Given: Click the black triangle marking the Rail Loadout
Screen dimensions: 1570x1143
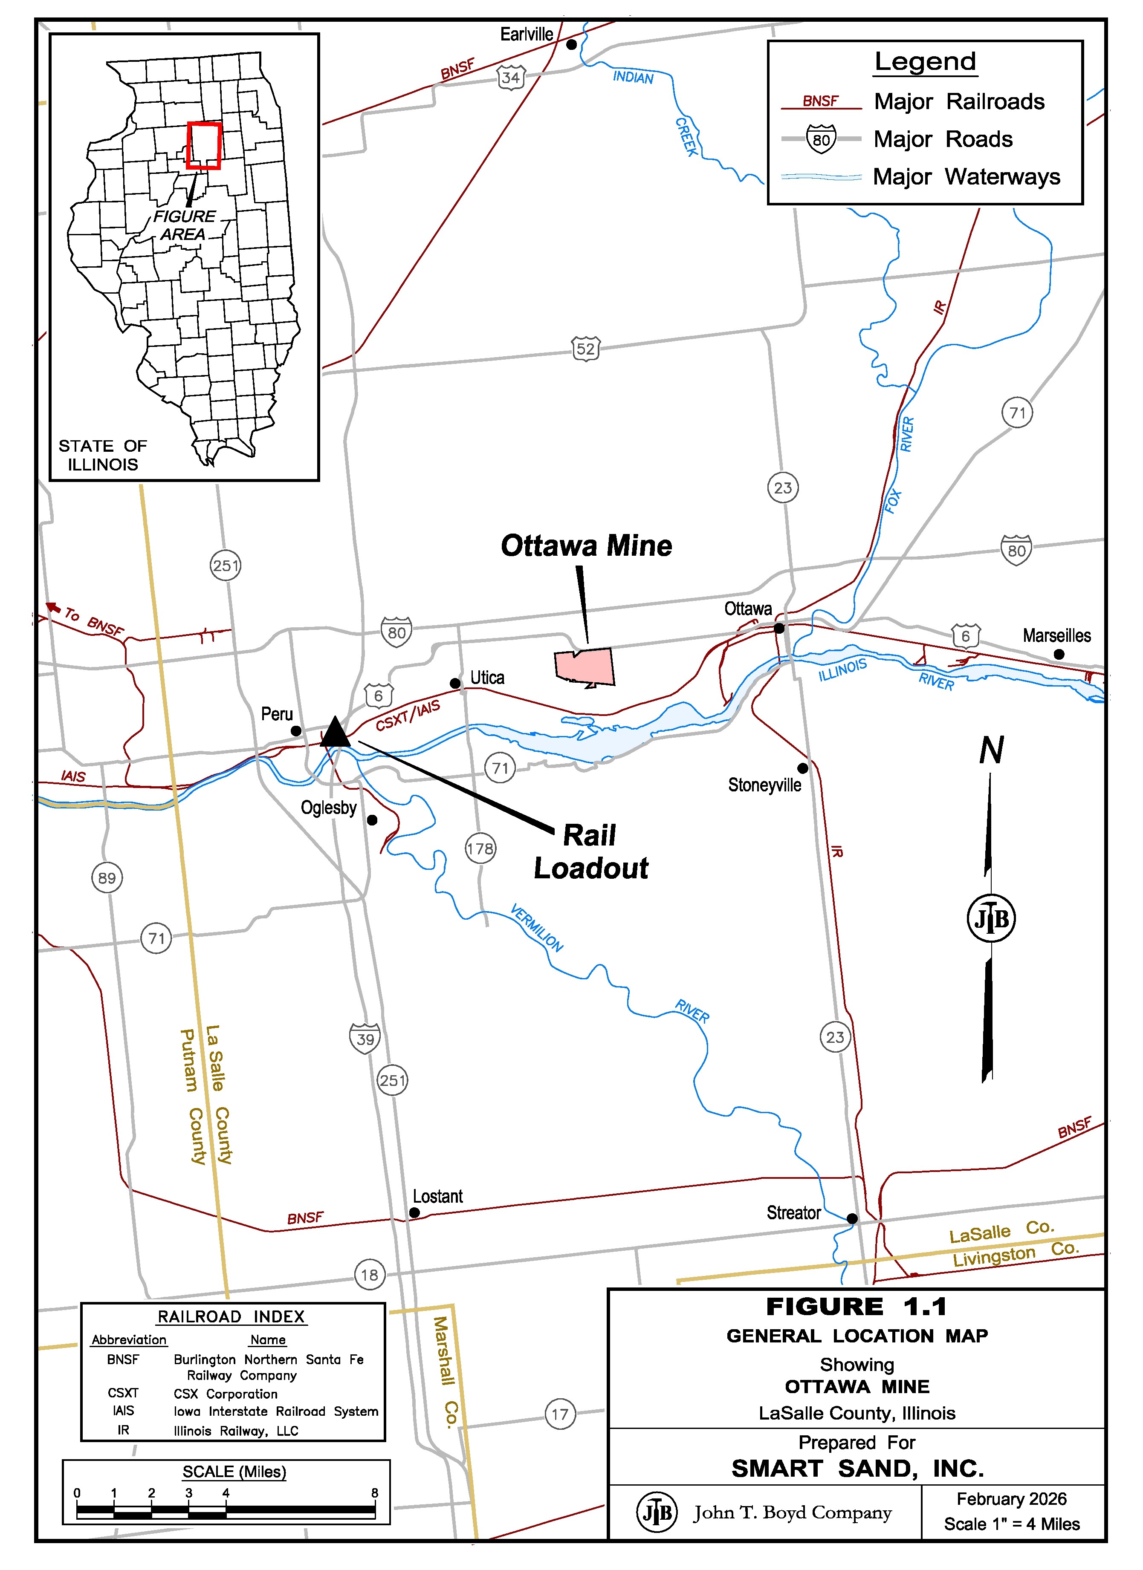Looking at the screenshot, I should (336, 733).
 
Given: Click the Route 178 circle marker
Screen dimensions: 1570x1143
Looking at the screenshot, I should (480, 848).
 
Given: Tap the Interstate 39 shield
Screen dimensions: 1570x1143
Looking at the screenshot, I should (365, 1039).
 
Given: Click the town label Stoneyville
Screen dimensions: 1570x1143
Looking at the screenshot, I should (764, 785).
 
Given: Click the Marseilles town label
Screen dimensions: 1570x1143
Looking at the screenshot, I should (1056, 635).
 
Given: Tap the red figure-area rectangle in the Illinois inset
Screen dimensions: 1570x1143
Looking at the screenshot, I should (203, 145).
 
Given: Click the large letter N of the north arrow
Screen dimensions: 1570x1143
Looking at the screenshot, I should (991, 750).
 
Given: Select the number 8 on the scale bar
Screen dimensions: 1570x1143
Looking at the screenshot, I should (375, 1493).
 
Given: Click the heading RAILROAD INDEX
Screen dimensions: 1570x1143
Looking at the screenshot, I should (231, 1316).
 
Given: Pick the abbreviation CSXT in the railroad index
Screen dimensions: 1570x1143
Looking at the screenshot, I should (123, 1393).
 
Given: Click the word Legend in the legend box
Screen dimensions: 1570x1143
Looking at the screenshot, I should (925, 62).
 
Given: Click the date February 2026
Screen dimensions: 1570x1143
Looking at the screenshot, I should (1011, 1499).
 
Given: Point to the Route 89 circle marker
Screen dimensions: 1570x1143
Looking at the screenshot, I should (107, 878).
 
